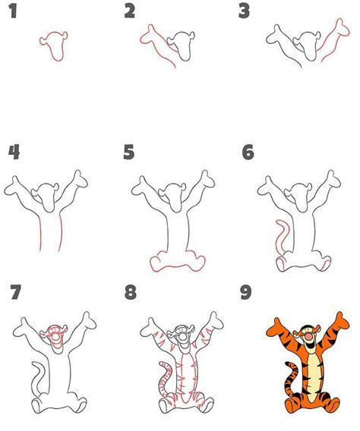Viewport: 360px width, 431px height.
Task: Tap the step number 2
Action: click(130, 11)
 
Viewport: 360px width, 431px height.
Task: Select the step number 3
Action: click(244, 11)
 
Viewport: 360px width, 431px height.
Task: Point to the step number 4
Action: click(14, 152)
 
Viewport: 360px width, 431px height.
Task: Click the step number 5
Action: click(130, 152)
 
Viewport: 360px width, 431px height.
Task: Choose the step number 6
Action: click(248, 152)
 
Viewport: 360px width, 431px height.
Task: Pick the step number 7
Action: click(14, 292)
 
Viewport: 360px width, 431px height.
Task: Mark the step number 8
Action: click(130, 292)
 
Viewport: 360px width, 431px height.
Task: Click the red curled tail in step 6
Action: click(278, 235)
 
